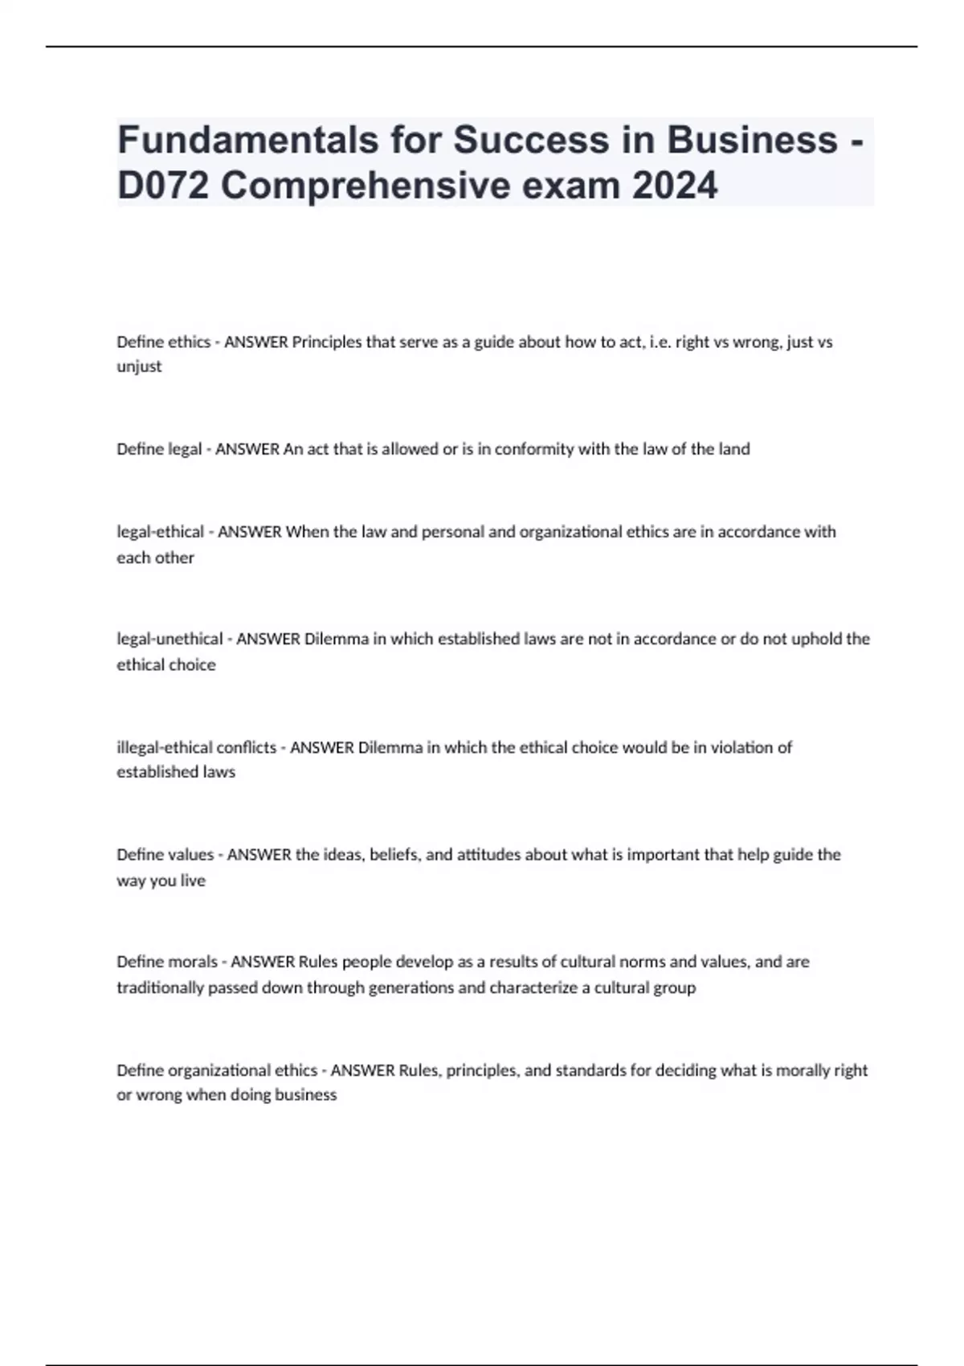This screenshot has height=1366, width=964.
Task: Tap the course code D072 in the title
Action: pos(163,186)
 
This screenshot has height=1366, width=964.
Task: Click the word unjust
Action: pos(139,367)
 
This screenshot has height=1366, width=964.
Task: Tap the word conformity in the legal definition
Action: pos(533,449)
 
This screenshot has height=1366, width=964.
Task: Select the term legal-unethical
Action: pos(170,640)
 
